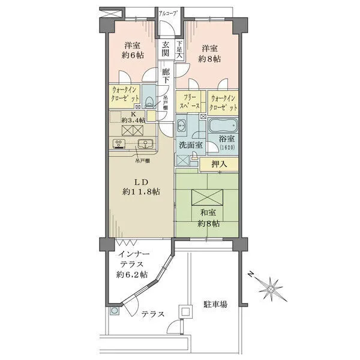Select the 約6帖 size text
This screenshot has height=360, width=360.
click(133, 55)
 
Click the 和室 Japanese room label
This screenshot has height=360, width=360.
click(209, 212)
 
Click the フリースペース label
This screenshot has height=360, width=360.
click(191, 102)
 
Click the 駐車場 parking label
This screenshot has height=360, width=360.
click(215, 305)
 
